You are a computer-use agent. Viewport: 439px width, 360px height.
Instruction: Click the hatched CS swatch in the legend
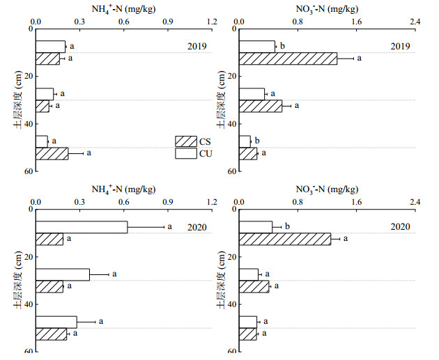pos(186,141)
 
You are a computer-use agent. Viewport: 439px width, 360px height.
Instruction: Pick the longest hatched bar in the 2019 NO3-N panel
pos(288,58)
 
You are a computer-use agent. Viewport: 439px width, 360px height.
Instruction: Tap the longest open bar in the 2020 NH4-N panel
pos(82,227)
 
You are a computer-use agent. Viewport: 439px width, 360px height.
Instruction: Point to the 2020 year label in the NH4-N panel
pos(197,226)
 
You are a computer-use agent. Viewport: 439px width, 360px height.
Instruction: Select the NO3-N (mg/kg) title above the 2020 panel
pos(328,189)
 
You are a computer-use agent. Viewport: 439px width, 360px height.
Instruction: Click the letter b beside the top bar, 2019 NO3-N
pos(282,47)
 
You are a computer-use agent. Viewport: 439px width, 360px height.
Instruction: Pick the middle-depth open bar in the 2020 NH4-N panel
pos(63,274)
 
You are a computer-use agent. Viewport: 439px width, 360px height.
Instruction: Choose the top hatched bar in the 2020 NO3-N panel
pos(285,239)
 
